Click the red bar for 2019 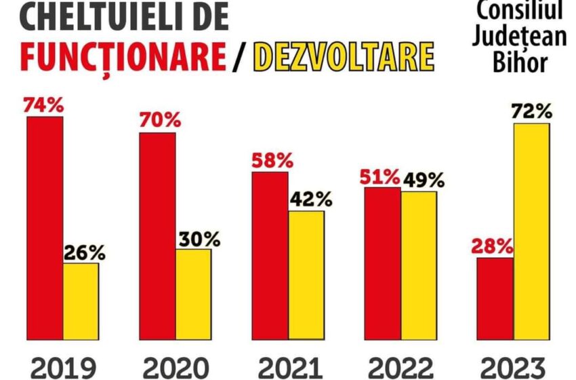click(45, 227)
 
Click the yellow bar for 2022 click(418, 265)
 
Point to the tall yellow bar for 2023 click(531, 231)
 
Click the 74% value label click(43, 106)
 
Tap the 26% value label click(85, 253)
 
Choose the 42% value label click(311, 200)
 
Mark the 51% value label click(379, 178)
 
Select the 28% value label click(493, 247)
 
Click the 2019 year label click(64, 367)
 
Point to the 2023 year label click(512, 367)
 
